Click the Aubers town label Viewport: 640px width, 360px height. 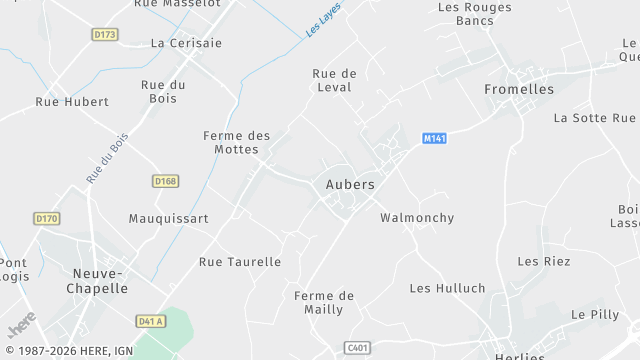(x=350, y=185)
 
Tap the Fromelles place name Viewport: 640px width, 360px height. (x=518, y=89)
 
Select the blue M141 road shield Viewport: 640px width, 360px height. (x=434, y=138)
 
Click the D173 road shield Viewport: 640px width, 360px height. (x=104, y=34)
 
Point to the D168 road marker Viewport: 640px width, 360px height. (x=165, y=181)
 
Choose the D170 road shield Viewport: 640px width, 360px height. (x=47, y=218)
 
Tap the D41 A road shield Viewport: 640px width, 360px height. (x=150, y=321)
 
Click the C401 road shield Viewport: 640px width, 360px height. (x=357, y=347)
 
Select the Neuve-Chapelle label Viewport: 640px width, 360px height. (x=100, y=280)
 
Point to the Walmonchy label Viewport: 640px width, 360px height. (x=417, y=218)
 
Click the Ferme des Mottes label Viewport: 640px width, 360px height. (x=237, y=143)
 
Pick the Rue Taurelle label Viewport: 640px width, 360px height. (x=240, y=262)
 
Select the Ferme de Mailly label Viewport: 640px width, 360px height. (x=324, y=302)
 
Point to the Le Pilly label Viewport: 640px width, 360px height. (x=595, y=314)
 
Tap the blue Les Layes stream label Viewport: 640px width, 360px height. (x=323, y=20)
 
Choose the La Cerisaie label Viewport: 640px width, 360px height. (x=186, y=43)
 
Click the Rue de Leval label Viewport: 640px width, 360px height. (x=334, y=80)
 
